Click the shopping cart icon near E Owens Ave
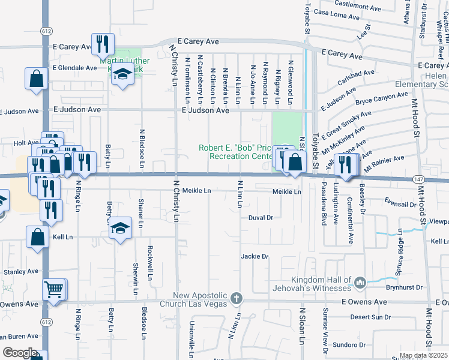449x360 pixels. (54, 290)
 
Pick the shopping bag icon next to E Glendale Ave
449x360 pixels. (37, 78)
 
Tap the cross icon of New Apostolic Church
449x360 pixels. (237, 298)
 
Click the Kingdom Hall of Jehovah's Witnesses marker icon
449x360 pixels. (360, 281)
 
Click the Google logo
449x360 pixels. (20, 353)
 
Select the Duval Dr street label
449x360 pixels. (261, 218)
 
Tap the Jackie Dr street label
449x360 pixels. (255, 256)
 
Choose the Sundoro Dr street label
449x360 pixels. (349, 345)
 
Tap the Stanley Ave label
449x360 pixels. (21, 272)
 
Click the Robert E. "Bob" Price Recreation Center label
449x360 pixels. (236, 152)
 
